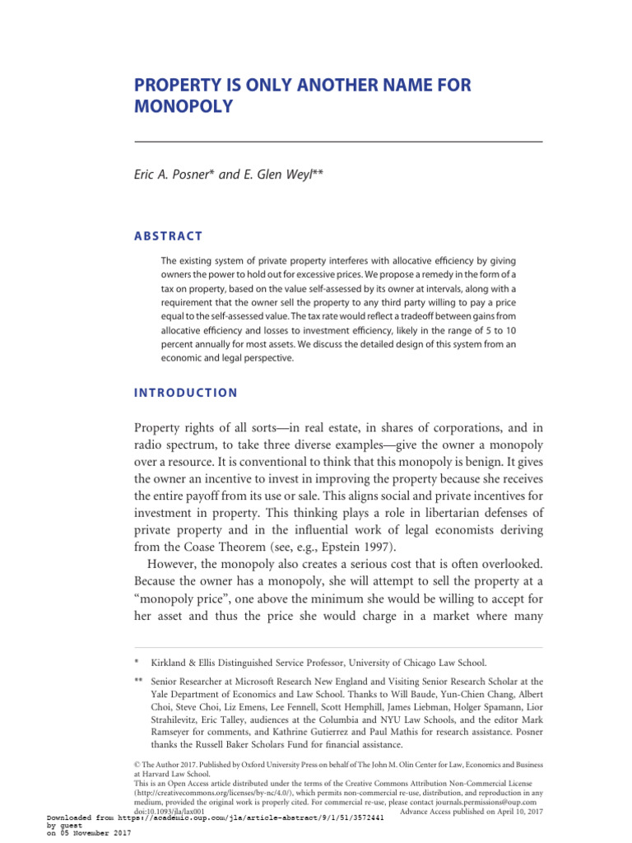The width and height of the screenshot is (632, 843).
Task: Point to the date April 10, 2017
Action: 503,811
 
